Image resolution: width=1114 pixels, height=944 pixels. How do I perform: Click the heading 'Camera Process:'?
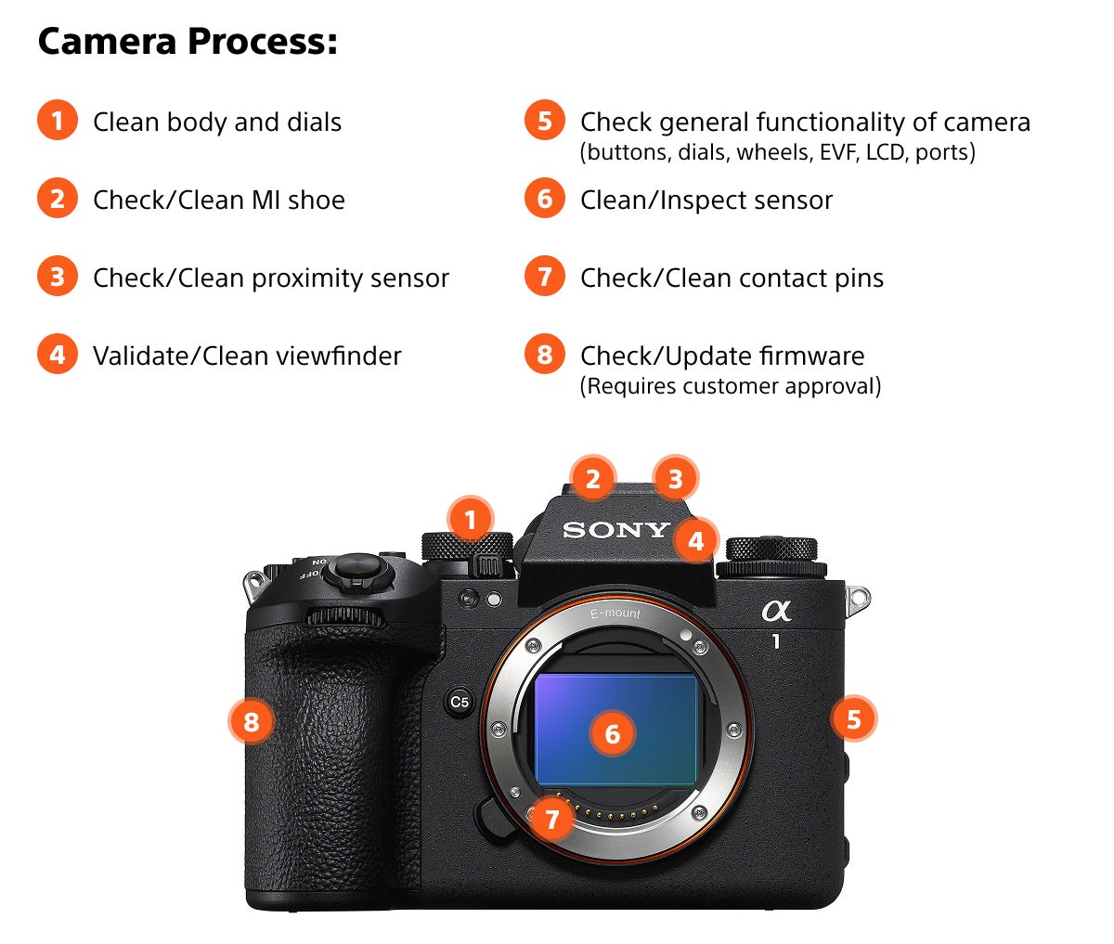point(188,42)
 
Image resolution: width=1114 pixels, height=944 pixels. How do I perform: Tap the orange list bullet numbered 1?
point(58,122)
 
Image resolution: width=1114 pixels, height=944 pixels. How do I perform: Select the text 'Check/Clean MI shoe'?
point(218,200)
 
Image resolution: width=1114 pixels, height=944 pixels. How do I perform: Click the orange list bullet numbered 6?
point(545,200)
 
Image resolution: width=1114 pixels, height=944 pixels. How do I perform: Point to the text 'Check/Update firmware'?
point(721,356)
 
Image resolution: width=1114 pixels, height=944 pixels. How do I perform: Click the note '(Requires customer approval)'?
point(730,386)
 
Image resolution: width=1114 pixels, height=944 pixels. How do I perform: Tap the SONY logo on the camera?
point(615,530)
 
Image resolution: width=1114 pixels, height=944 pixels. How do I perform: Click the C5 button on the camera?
point(460,702)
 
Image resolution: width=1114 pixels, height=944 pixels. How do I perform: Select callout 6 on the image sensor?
point(613,734)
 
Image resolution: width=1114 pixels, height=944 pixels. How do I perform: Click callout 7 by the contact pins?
point(552,819)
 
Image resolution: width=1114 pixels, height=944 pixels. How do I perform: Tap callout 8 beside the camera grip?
point(252,721)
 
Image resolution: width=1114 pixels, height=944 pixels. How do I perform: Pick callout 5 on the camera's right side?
point(853,718)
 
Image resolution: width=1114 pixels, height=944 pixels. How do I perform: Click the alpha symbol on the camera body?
point(776,610)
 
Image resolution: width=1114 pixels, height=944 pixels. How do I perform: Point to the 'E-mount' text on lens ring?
point(615,614)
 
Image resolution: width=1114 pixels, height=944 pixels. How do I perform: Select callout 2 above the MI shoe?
point(592,480)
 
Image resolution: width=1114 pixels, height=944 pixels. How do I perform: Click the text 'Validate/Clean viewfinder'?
point(246,356)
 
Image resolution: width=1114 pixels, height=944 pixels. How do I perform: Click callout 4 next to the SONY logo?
point(696,539)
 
